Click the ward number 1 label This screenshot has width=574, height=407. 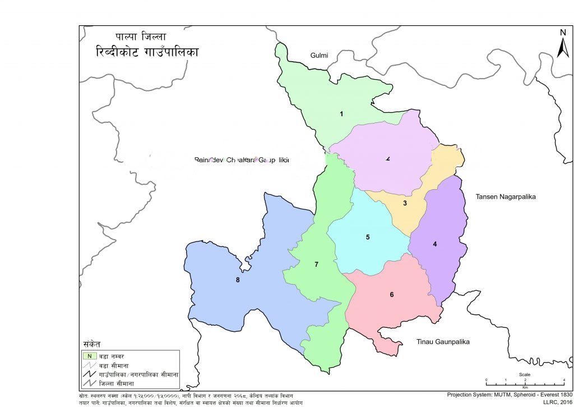tap(341, 114)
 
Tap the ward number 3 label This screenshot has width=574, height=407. tap(405, 203)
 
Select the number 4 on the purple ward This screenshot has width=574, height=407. tap(434, 244)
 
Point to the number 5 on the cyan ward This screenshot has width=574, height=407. tap(368, 237)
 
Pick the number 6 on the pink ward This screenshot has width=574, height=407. tap(392, 295)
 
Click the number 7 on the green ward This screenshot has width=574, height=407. tap(316, 264)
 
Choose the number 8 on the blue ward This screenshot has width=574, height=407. tap(238, 280)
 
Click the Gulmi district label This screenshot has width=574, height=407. tap(319, 54)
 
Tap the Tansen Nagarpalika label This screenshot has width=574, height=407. tap(506, 196)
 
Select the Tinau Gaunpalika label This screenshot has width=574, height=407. tap(442, 341)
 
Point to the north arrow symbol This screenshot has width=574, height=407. tap(563, 44)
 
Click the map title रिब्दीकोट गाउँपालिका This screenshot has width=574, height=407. tap(147, 52)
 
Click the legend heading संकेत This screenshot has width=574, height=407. tap(91, 344)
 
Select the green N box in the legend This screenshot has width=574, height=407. tap(89, 355)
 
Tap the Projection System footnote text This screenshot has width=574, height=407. tap(510, 395)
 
